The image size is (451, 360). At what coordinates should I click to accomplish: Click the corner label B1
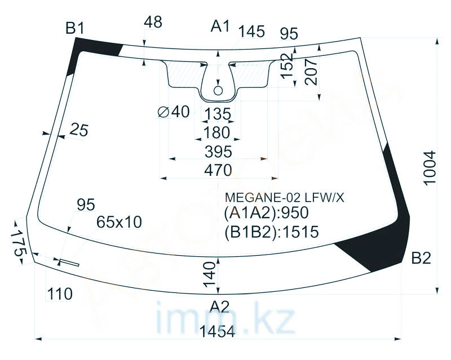click(x=75, y=29)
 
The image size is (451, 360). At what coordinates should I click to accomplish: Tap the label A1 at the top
click(x=220, y=26)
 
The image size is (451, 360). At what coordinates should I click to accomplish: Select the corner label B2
click(x=421, y=258)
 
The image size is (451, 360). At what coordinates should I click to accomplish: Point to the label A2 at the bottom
click(x=219, y=307)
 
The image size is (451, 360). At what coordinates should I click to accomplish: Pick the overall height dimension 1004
click(x=431, y=168)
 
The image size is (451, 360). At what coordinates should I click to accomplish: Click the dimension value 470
click(x=218, y=170)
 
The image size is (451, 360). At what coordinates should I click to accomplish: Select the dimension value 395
click(x=218, y=152)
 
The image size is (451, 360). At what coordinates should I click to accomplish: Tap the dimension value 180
click(x=216, y=132)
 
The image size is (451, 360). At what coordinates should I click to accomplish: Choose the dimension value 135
click(x=218, y=114)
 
